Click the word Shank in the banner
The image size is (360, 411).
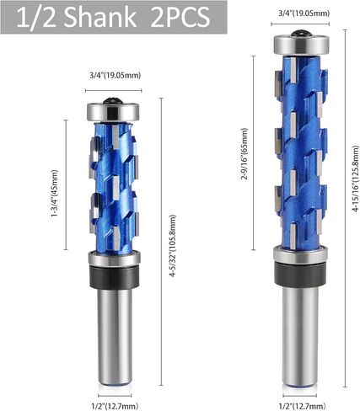[101, 18]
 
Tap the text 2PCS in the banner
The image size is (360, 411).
[180, 18]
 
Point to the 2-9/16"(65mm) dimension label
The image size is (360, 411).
[244, 154]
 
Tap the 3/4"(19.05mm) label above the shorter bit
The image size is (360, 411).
[116, 75]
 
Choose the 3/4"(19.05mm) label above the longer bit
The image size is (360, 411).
[304, 13]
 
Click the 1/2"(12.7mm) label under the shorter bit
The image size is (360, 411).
[115, 406]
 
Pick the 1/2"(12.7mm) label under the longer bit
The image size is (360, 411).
[302, 406]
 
